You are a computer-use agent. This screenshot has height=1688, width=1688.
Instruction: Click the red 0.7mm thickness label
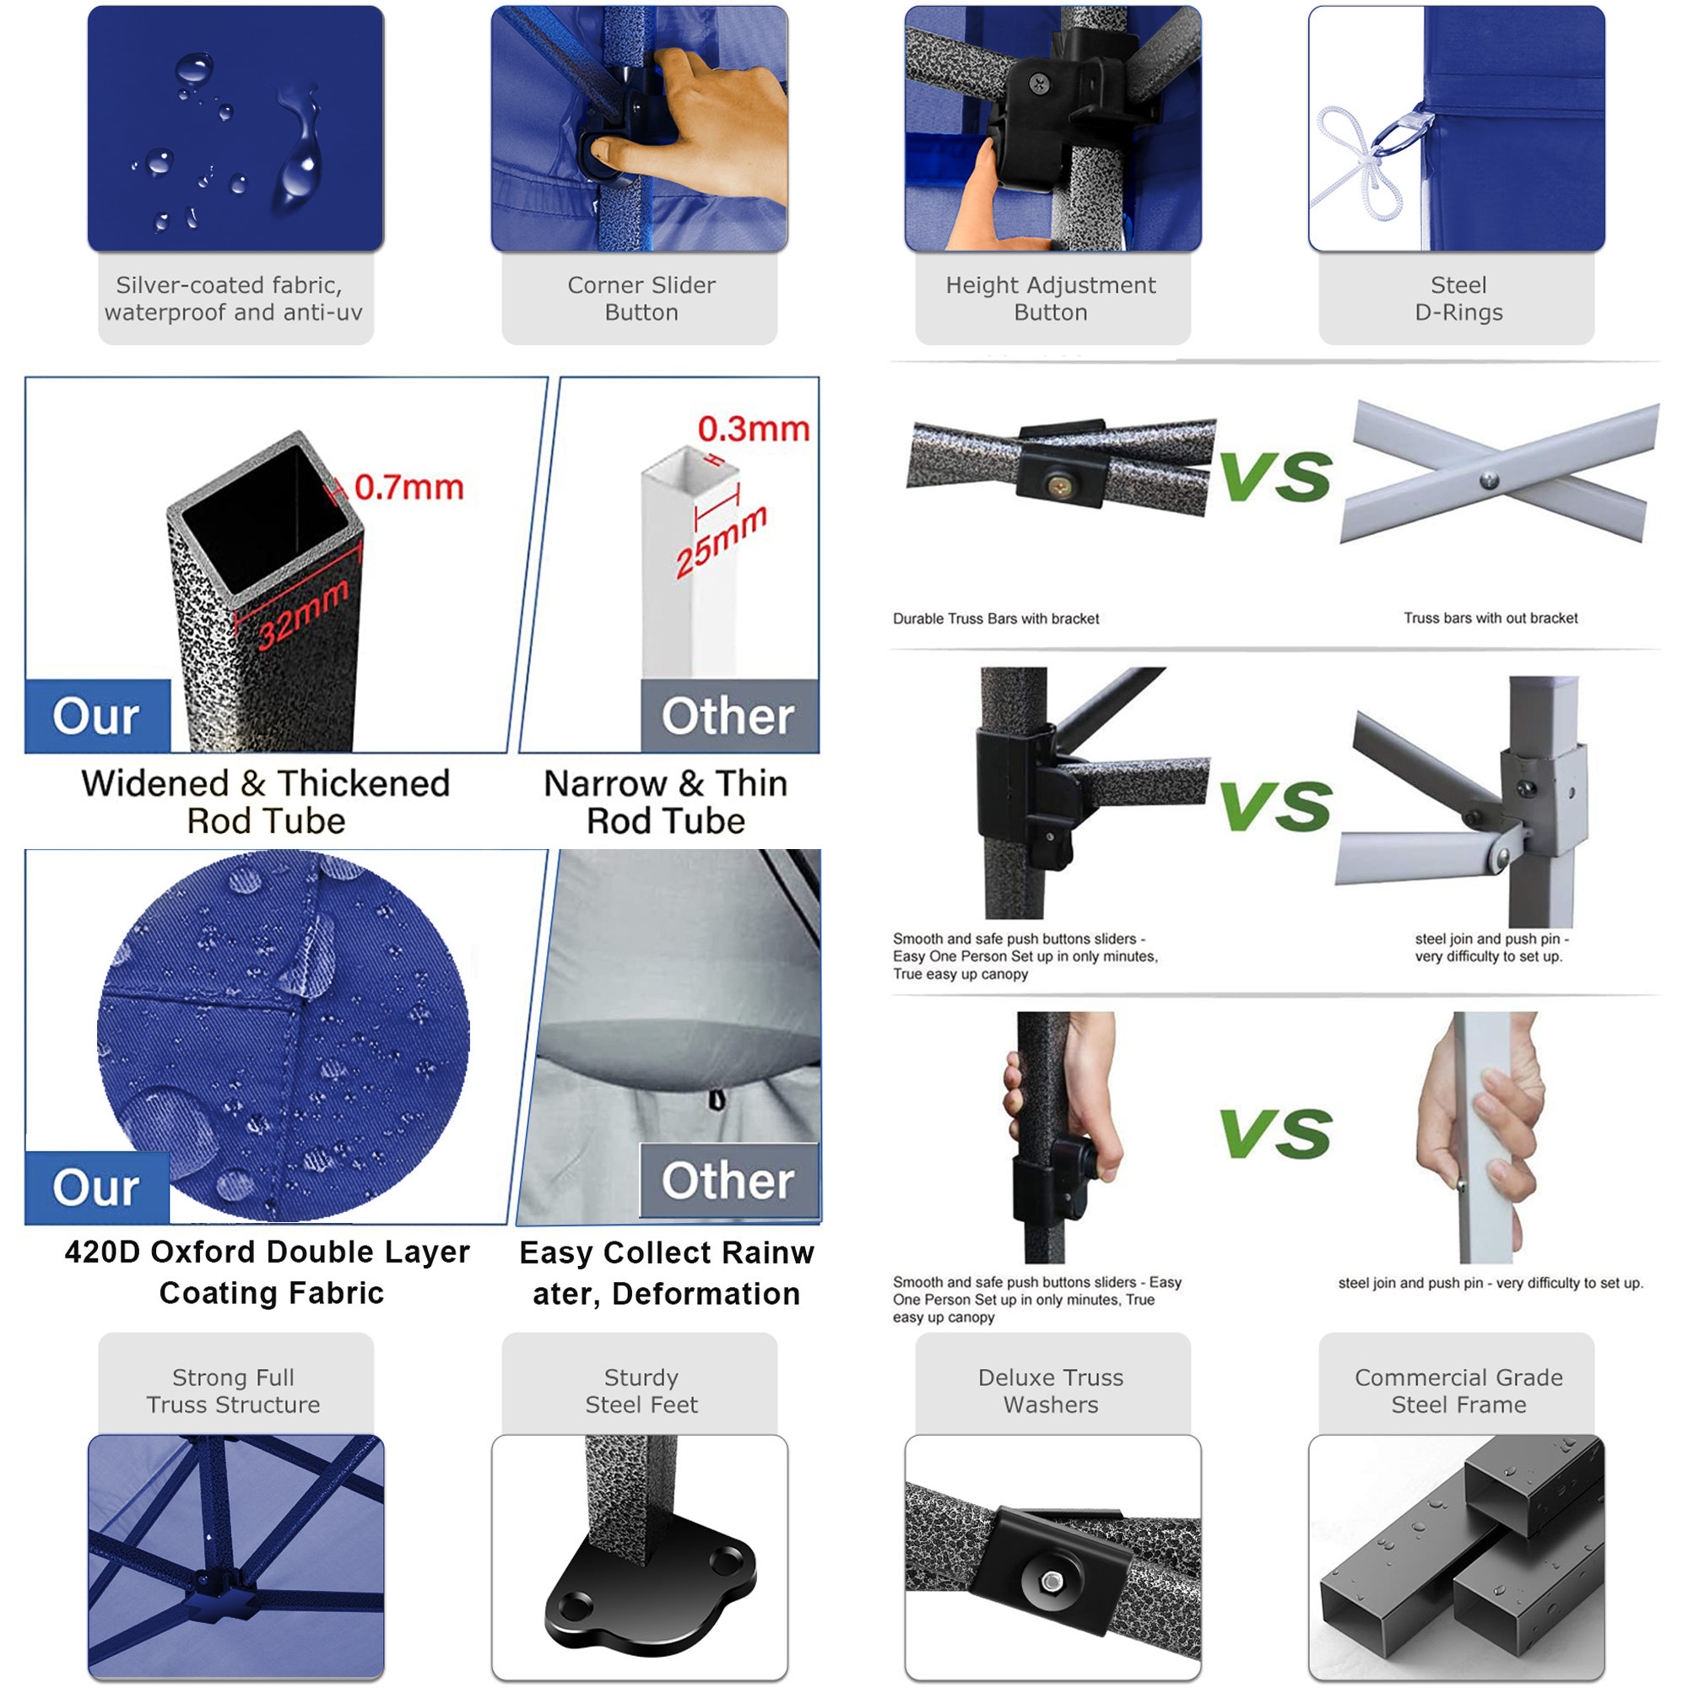pos(408,488)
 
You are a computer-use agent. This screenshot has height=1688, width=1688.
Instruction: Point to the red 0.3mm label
pos(753,429)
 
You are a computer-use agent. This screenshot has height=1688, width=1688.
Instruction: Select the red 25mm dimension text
pos(722,542)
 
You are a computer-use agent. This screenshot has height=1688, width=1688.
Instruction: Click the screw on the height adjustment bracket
pos(1040,84)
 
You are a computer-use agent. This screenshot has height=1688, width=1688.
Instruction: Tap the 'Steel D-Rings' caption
pos(1458,299)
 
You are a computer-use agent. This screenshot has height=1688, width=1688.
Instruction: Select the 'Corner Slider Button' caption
pos(641,299)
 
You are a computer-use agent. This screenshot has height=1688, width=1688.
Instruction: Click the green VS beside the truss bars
pos(1275,476)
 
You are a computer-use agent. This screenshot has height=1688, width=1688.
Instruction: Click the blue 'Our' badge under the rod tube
pos(97,717)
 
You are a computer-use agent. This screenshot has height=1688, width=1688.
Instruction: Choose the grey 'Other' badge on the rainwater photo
pos(728,1181)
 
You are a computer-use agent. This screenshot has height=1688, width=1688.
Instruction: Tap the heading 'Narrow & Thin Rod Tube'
pos(666,802)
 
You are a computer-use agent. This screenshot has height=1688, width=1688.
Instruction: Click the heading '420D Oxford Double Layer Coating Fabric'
pos(268,1272)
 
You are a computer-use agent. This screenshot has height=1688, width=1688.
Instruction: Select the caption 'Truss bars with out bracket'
pos(1491,618)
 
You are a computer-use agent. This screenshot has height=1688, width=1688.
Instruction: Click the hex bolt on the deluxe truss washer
pos(1052,1581)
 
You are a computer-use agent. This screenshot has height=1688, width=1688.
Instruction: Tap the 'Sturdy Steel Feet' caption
pos(641,1391)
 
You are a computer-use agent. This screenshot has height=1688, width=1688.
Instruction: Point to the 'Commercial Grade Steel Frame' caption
pos(1458,1391)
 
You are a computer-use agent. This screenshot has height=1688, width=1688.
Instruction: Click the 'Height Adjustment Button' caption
pos(1050,299)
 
